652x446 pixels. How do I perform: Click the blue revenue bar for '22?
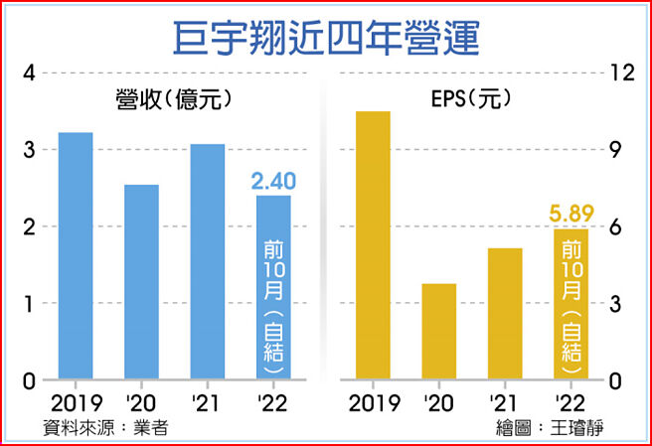pos(273,288)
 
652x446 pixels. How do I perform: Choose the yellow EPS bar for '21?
pos(505,313)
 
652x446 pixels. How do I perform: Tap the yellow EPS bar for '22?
pos(571,304)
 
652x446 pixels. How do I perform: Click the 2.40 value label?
pos(273,182)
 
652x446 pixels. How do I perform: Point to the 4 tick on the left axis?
pos(30,74)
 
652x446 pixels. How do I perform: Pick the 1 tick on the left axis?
pos(30,303)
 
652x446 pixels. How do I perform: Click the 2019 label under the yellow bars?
pos(373,404)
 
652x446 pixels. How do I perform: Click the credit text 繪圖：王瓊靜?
pos(551,428)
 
